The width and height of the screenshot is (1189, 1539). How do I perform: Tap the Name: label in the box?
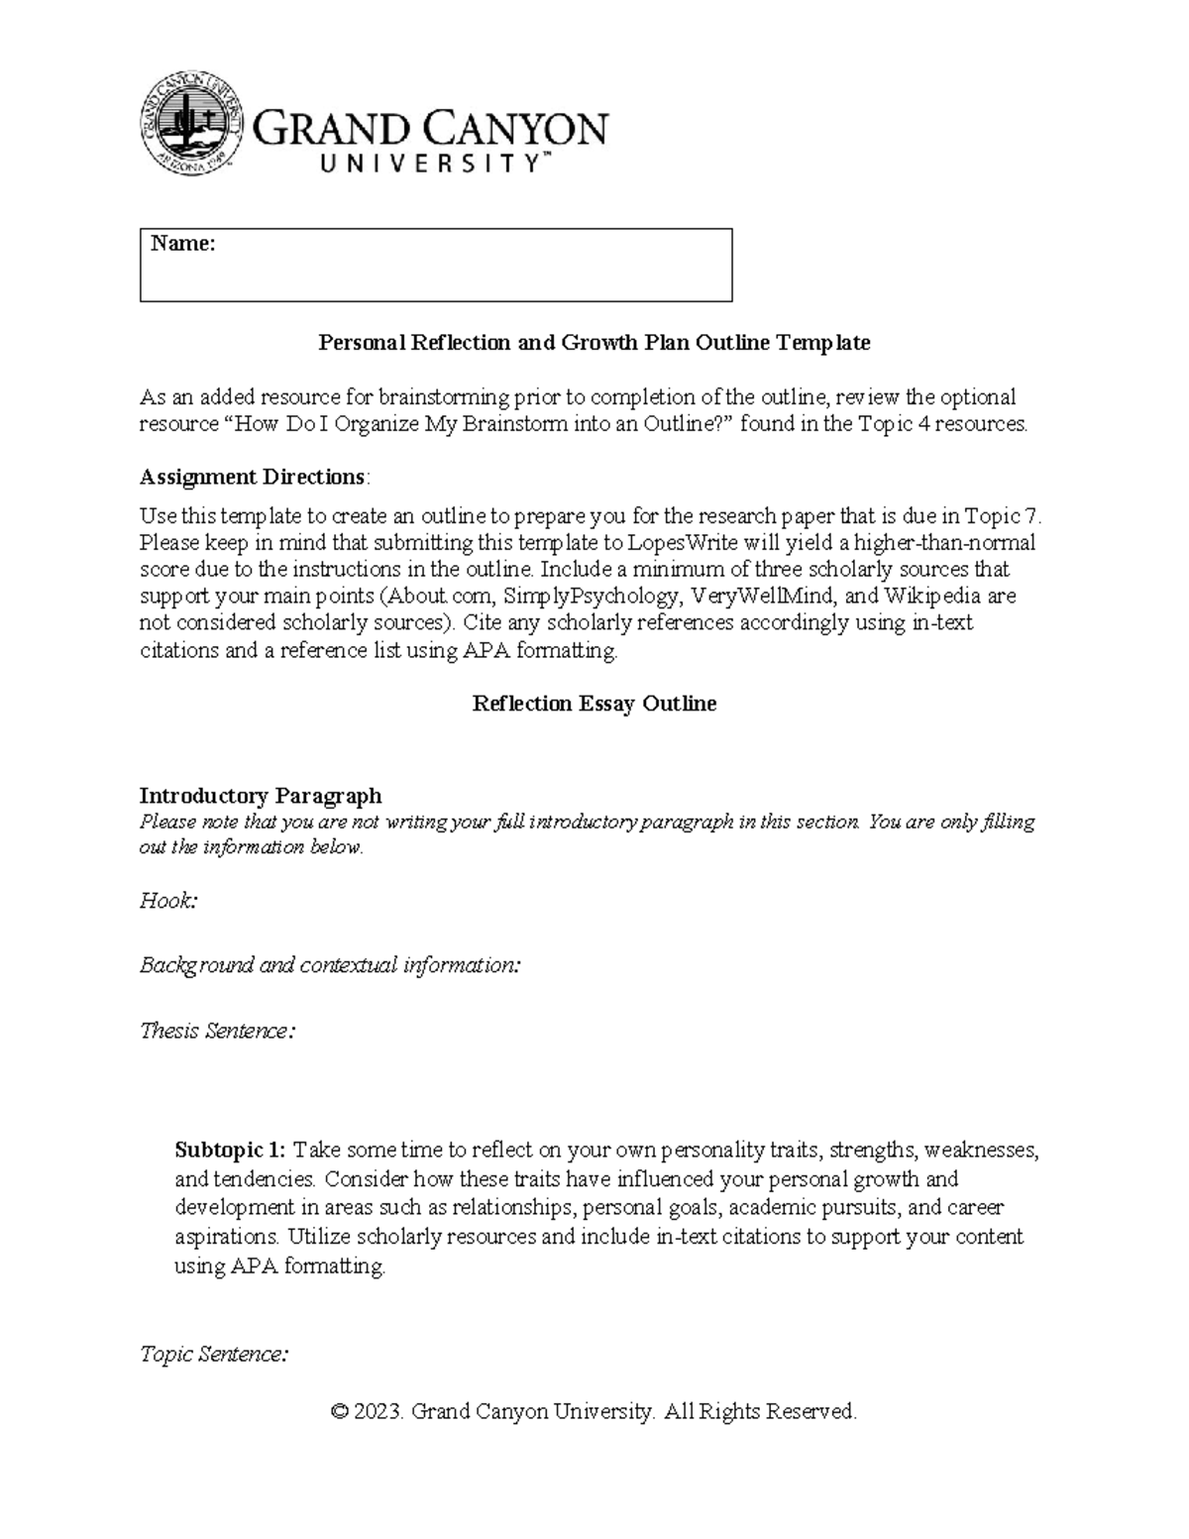pyautogui.click(x=182, y=244)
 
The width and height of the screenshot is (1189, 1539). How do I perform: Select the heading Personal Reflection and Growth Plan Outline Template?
pyautogui.click(x=594, y=343)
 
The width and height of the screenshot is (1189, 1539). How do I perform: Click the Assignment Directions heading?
pyautogui.click(x=253, y=477)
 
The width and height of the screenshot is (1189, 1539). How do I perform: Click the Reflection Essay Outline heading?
pyautogui.click(x=594, y=704)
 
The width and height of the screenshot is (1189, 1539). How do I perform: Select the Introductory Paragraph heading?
pyautogui.click(x=260, y=796)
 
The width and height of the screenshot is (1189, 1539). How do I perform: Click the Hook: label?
pyautogui.click(x=168, y=901)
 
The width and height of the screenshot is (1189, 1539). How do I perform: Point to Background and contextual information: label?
pyautogui.click(x=330, y=965)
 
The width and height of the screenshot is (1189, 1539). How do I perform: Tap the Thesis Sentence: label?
pyautogui.click(x=217, y=1031)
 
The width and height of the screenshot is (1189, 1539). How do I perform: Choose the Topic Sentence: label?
pyautogui.click(x=214, y=1354)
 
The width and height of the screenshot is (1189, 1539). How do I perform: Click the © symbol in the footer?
pyautogui.click(x=340, y=1411)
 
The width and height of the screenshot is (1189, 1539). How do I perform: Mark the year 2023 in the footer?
pyautogui.click(x=379, y=1411)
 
